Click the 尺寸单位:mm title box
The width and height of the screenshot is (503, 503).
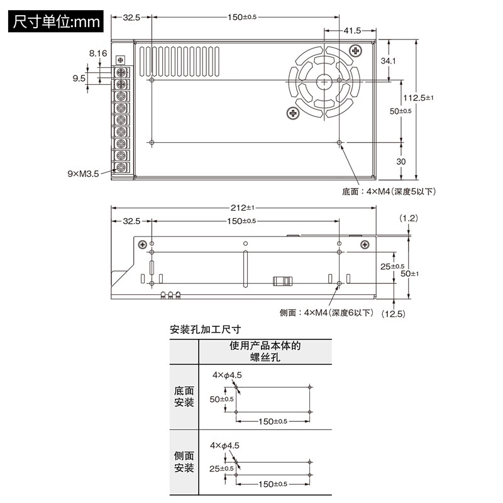pyautogui.click(x=55, y=21)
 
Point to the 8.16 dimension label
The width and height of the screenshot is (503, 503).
pyautogui.click(x=98, y=54)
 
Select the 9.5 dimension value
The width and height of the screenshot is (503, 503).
pyautogui.click(x=79, y=79)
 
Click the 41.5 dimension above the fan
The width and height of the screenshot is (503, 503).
pyautogui.click(x=352, y=30)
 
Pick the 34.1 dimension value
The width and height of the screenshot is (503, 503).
pyautogui.click(x=388, y=61)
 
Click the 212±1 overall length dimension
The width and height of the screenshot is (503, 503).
pyautogui.click(x=241, y=208)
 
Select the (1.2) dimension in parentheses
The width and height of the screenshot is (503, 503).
pyautogui.click(x=409, y=218)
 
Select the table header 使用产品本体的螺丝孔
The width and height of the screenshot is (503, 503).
pyautogui.click(x=265, y=351)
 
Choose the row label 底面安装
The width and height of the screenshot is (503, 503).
pyautogui.click(x=184, y=396)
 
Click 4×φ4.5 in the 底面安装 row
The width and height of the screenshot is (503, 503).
pyautogui.click(x=227, y=375)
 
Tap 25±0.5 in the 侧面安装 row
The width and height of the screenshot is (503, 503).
pyautogui.click(x=221, y=468)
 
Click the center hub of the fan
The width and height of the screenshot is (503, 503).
pyautogui.click(x=324, y=81)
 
